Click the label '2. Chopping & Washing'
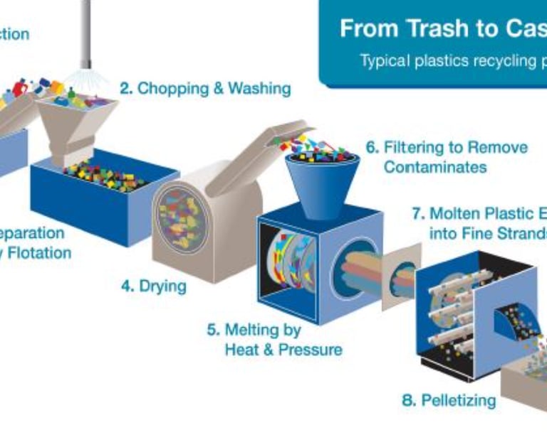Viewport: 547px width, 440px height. [205, 89]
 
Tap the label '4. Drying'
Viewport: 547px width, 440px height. [153, 286]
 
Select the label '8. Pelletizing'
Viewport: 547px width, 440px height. [449, 400]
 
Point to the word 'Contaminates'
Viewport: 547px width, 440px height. [435, 167]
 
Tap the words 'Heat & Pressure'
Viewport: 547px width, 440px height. [283, 350]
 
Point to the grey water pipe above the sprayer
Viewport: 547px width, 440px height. [85, 28]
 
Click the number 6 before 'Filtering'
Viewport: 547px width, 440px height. [371, 148]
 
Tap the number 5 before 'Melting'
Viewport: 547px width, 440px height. [212, 331]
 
